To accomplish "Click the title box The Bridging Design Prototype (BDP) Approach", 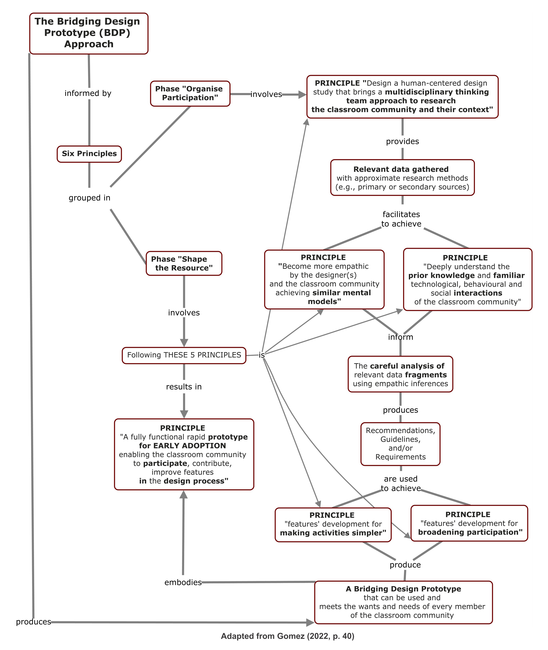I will point(89,33).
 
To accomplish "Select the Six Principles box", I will point(89,154).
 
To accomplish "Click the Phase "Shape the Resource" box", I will point(184,264).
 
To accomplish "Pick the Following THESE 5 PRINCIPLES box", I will point(184,355).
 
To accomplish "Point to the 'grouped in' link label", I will point(89,198).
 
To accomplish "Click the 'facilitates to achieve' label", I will point(401,219).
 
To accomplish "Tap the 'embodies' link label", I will point(183,582).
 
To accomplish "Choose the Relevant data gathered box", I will point(402,178).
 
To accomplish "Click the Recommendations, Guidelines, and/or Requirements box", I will point(400,444).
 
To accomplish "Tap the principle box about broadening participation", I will point(469,523).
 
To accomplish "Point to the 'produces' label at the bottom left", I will point(33,622).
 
